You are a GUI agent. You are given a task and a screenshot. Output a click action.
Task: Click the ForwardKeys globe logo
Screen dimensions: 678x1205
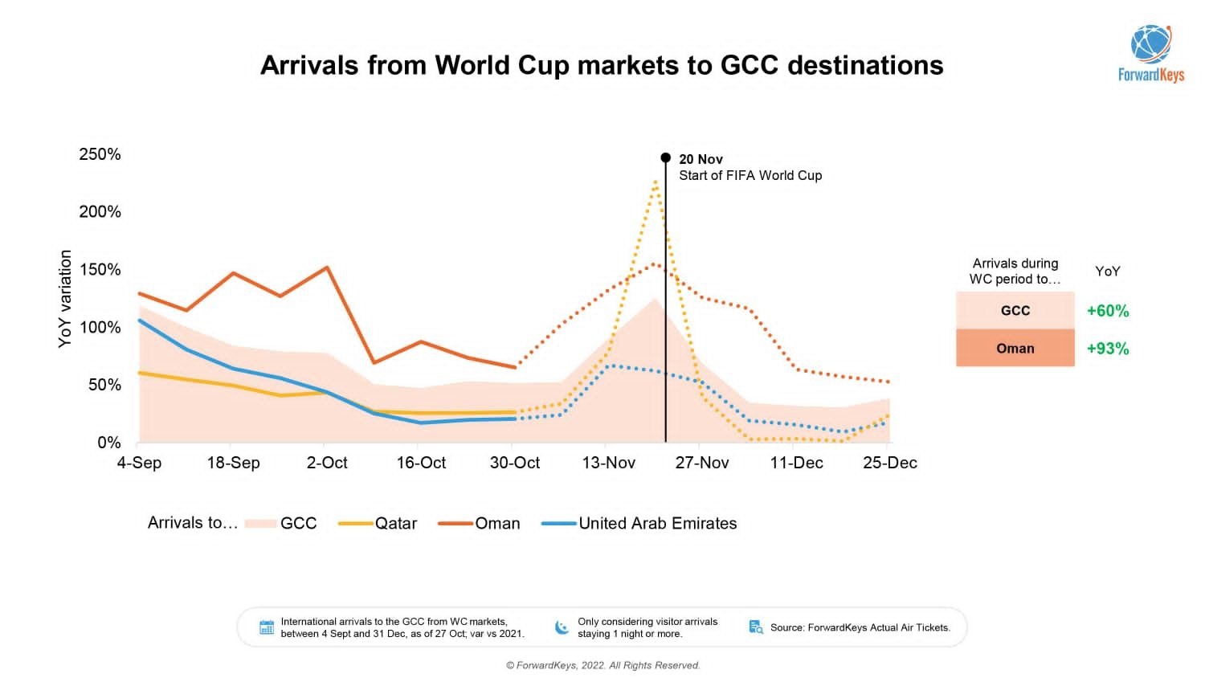coord(1150,45)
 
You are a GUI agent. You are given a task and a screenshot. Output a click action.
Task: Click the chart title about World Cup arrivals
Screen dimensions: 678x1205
coord(602,65)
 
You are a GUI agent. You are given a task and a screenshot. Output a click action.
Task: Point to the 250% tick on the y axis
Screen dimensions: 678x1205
coord(100,154)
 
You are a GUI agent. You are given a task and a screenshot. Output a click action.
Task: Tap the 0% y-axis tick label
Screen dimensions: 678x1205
coord(108,443)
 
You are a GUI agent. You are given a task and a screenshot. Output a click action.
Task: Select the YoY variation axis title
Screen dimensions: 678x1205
coord(65,299)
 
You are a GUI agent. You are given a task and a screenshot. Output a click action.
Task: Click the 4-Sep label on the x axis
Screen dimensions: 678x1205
coord(139,463)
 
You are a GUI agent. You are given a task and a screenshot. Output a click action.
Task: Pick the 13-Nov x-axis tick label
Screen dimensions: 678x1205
coord(608,463)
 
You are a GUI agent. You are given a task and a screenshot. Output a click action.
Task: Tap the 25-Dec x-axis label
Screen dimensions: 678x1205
coord(889,463)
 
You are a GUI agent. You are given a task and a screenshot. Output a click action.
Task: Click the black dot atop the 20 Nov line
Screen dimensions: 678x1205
coord(665,157)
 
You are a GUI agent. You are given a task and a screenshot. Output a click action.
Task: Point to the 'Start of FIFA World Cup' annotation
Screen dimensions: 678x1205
coord(750,175)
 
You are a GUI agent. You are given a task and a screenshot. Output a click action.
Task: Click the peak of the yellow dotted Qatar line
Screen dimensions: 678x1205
coord(656,182)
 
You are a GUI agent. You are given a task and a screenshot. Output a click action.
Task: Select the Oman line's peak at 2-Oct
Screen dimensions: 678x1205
coord(326,268)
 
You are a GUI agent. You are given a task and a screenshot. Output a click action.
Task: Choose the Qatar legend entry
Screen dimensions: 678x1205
coord(378,523)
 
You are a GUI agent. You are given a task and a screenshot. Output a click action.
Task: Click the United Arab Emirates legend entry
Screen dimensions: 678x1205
coord(639,523)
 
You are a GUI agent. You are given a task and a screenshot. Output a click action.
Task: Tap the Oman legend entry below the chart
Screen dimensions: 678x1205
coord(480,523)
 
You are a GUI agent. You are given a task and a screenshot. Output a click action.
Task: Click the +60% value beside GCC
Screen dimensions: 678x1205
coord(1107,311)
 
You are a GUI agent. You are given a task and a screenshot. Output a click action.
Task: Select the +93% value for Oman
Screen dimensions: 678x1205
coord(1107,349)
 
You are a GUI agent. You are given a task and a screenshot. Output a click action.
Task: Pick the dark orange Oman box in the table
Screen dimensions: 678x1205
coord(1015,349)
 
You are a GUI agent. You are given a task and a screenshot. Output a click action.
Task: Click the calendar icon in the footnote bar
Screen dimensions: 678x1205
coord(267,627)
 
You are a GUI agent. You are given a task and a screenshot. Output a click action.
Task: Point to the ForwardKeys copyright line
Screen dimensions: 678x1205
coord(602,665)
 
